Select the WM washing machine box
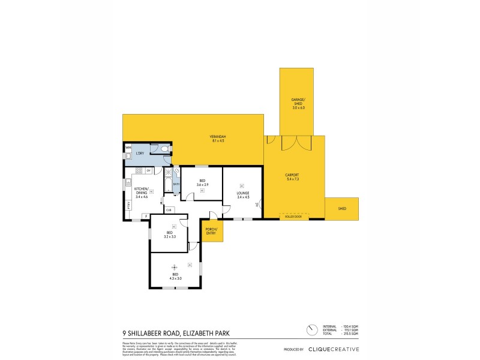click(128, 147)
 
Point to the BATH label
click(176, 184)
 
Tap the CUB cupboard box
click(169, 209)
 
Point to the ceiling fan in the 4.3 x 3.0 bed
click(175, 267)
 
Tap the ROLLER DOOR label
click(293, 217)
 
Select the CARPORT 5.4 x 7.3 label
click(293, 177)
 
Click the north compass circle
click(311, 330)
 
